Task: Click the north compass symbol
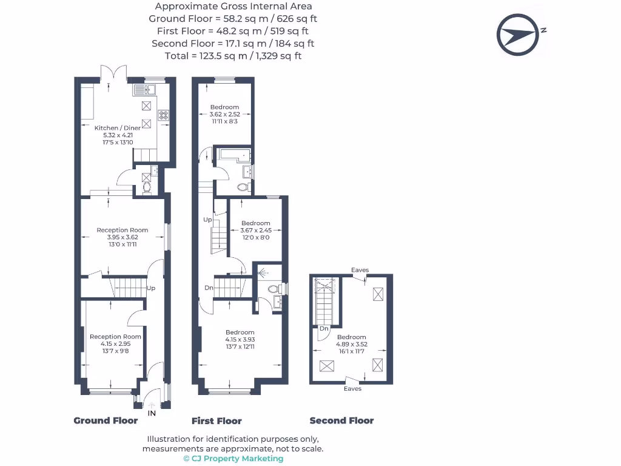pos(518,35)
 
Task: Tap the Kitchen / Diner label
pos(118,128)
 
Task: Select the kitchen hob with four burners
pos(164,115)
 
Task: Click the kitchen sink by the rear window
pos(144,90)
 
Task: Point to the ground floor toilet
pos(147,187)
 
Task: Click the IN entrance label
pos(152,413)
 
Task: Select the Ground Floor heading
pos(106,420)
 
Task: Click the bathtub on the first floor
pos(235,155)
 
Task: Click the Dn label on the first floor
pos(209,288)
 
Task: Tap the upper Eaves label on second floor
pos(360,270)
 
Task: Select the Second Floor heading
pos(342,420)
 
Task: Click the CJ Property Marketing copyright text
pos(233,459)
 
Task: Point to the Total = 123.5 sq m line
pos(233,56)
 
